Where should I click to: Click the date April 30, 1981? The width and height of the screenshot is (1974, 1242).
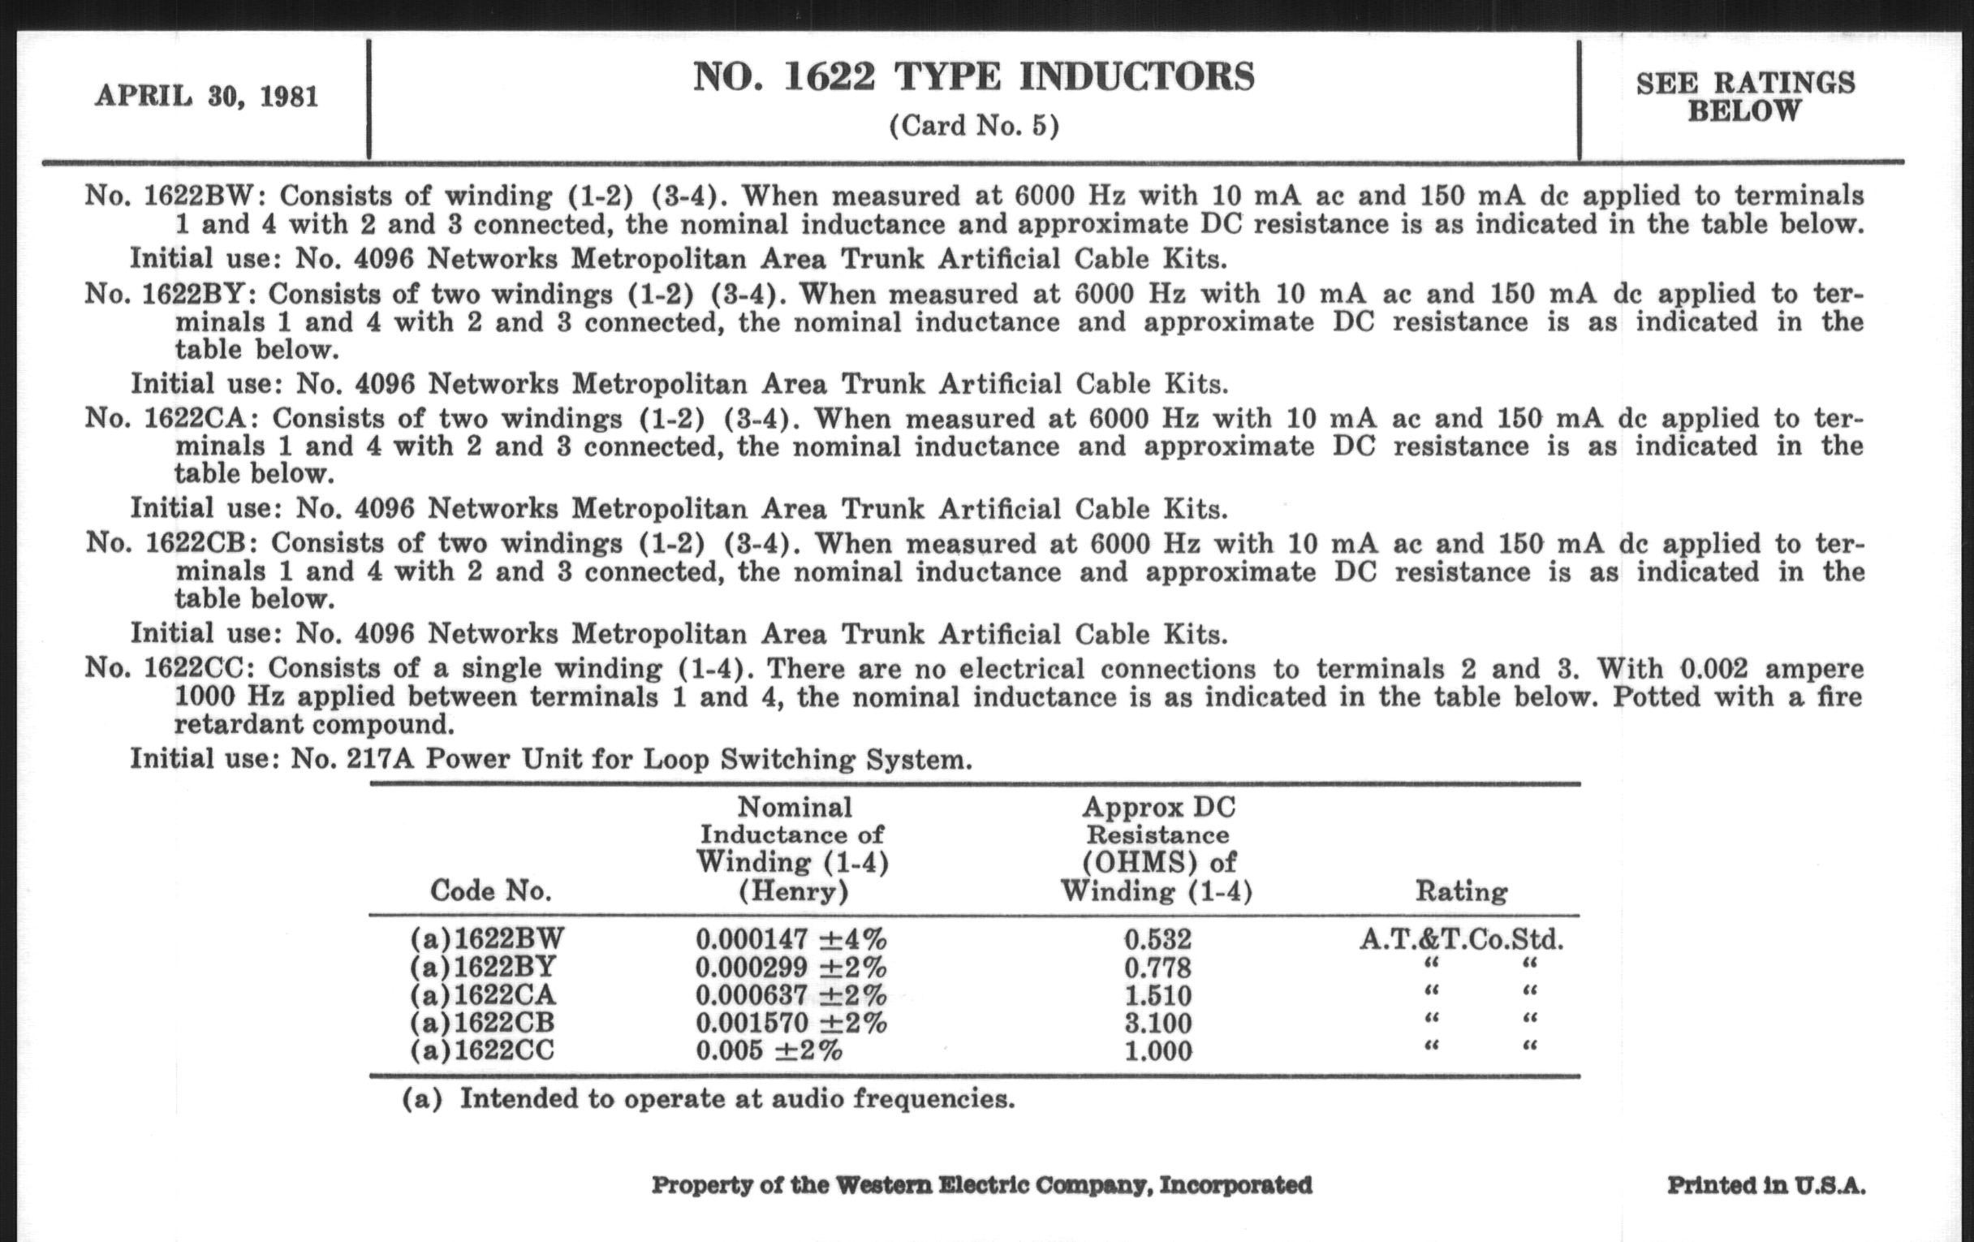(x=207, y=97)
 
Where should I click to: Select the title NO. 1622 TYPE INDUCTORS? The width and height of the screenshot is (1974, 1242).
(x=974, y=77)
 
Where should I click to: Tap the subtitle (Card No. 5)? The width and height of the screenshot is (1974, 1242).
(x=974, y=127)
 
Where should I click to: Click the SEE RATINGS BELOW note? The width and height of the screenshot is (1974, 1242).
(x=1745, y=97)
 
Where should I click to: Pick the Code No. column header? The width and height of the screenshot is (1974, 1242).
(x=490, y=891)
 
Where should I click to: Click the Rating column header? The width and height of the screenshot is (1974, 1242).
(x=1461, y=891)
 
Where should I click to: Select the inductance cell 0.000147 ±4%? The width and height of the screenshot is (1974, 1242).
(x=791, y=939)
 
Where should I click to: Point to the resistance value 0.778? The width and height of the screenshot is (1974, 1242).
(x=1157, y=968)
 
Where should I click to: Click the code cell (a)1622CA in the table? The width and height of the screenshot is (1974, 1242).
(x=483, y=995)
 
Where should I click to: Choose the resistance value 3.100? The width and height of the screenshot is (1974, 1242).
(x=1157, y=1023)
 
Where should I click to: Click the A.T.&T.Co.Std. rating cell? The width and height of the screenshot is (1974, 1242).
(x=1461, y=939)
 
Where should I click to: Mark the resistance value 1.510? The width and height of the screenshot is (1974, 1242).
(x=1157, y=996)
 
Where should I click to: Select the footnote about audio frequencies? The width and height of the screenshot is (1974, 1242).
(x=709, y=1098)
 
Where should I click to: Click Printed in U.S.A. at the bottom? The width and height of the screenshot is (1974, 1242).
(x=1765, y=1185)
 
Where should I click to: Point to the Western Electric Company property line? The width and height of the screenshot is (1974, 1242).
(x=981, y=1185)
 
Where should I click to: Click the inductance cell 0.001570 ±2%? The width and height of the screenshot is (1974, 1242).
(x=791, y=1023)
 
